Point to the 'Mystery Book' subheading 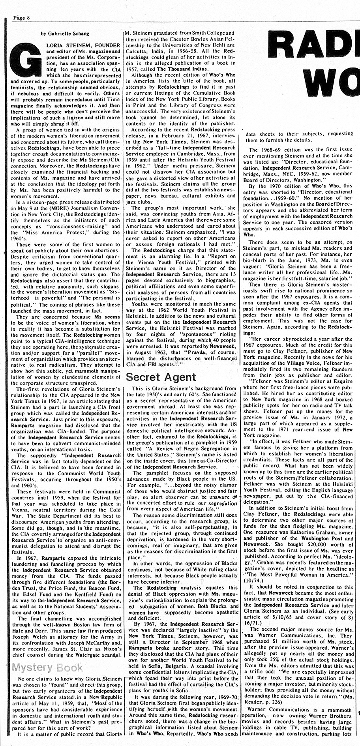tap(48, 667)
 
